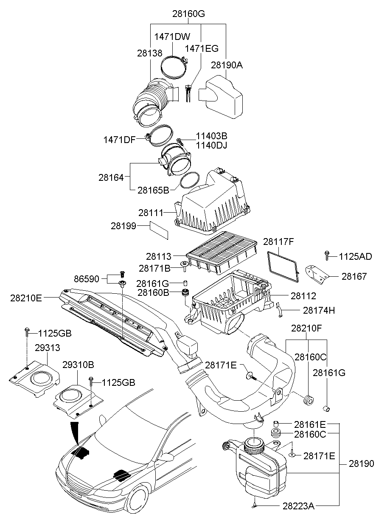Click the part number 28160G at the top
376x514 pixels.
[x=188, y=13]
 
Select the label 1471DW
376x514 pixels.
[x=172, y=37]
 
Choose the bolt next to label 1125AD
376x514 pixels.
[x=327, y=255]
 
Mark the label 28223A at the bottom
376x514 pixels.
[x=298, y=506]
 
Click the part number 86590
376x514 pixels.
[x=86, y=279]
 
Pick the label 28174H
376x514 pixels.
[x=319, y=310]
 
